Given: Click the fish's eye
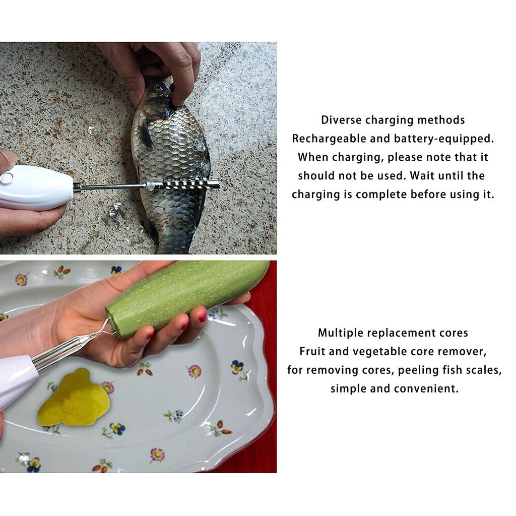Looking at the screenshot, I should [159, 87].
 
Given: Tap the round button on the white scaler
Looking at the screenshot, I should [7, 177].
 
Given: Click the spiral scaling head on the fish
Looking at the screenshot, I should [186, 185].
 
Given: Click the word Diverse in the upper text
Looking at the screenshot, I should [341, 120].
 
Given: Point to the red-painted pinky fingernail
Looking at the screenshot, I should [203, 317].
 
